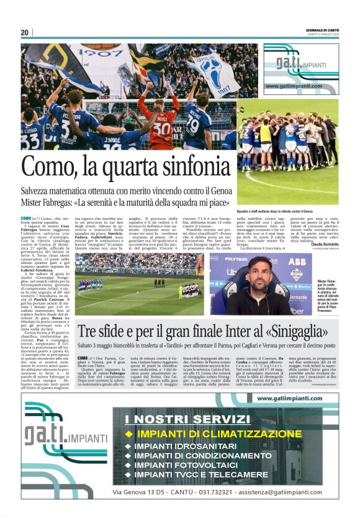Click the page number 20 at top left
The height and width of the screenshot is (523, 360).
pos(24,32)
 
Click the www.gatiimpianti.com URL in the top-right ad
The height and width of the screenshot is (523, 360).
pos(294,86)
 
